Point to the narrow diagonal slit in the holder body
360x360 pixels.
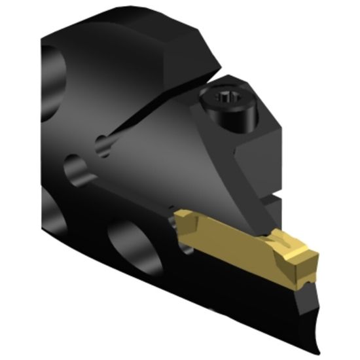(144, 124)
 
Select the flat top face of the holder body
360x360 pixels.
(118, 29)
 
